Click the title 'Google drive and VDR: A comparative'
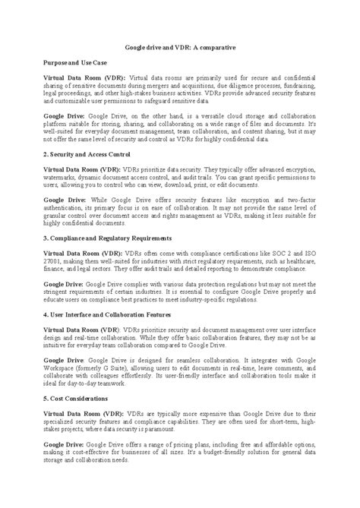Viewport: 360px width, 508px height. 179,47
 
